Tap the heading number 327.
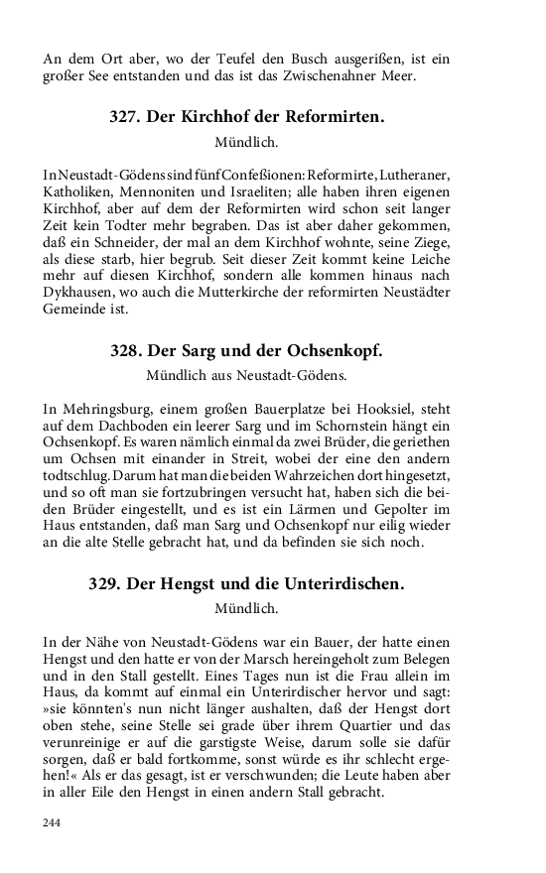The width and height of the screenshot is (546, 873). point(126,117)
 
